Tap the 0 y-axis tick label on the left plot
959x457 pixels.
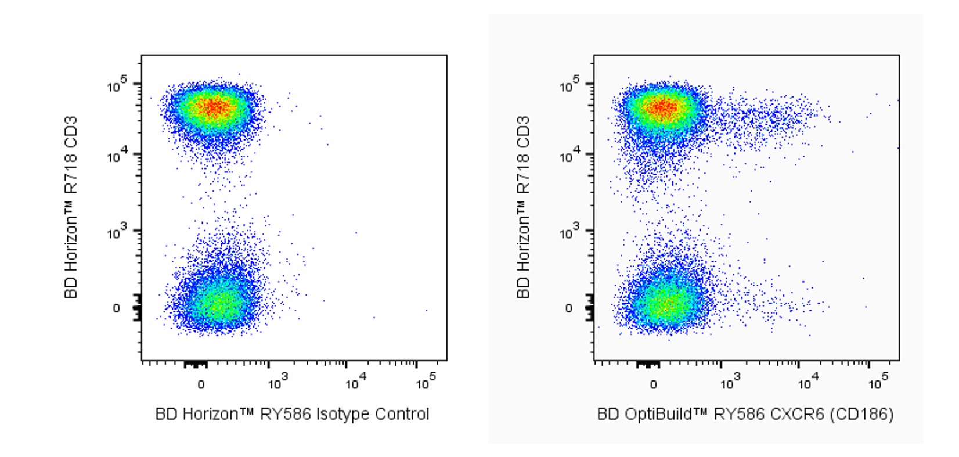tap(116, 308)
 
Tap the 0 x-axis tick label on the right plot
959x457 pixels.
tap(653, 384)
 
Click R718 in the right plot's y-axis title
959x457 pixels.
tap(523, 178)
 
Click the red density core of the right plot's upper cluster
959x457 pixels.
tap(664, 107)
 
